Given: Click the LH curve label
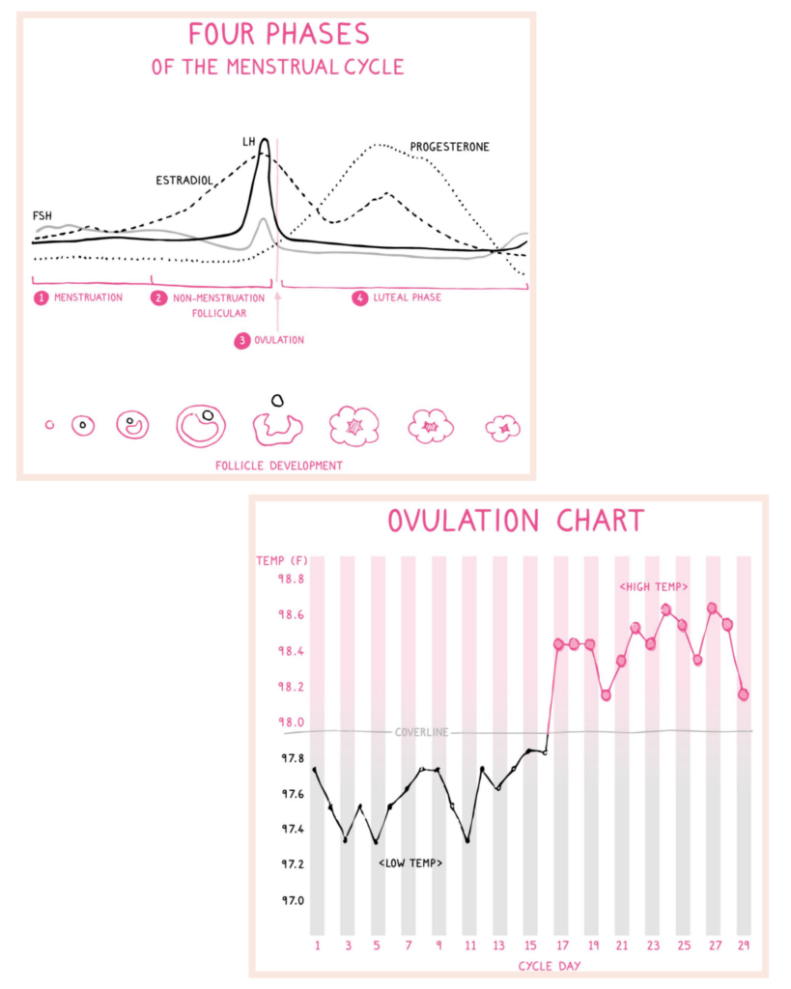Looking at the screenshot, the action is click(x=248, y=142).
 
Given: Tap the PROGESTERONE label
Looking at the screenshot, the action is click(x=450, y=147).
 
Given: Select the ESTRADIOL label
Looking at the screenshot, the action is click(x=184, y=181).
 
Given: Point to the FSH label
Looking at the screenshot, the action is click(x=42, y=215).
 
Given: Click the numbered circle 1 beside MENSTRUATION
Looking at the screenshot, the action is click(x=41, y=297).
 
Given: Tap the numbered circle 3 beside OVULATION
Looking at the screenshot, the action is click(x=242, y=341).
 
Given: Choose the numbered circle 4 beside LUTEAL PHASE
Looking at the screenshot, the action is click(x=360, y=297).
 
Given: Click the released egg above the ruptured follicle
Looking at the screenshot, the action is click(x=277, y=400).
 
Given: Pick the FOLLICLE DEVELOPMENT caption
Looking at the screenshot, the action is click(x=279, y=466).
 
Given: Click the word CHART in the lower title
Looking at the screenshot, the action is click(x=601, y=521).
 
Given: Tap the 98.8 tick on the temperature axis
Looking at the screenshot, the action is click(x=291, y=579).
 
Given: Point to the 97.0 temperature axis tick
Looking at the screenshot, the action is click(x=293, y=900).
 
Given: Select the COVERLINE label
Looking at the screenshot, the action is click(x=421, y=732).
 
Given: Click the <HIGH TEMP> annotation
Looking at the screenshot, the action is click(x=654, y=587).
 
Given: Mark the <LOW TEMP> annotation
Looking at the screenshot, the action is click(x=410, y=862).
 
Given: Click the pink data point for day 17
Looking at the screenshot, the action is click(x=558, y=644).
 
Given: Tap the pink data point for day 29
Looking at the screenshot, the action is click(x=744, y=694).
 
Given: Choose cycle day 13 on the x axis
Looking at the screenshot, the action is click(x=499, y=945).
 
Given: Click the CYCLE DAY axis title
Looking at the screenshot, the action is click(x=550, y=966).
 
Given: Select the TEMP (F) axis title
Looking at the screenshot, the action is click(x=282, y=561).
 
